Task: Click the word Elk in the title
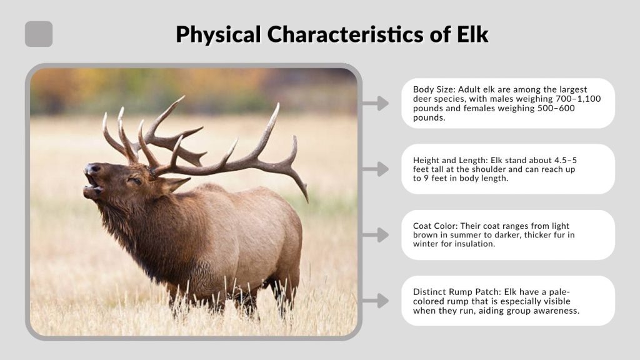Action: [469, 34]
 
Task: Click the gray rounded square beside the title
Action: [39, 34]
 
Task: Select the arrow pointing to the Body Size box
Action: [376, 103]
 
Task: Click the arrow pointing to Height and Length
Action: [376, 169]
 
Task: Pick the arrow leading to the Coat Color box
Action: [376, 235]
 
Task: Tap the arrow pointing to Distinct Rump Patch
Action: [376, 301]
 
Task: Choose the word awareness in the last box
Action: [554, 311]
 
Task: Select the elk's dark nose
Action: [92, 169]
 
